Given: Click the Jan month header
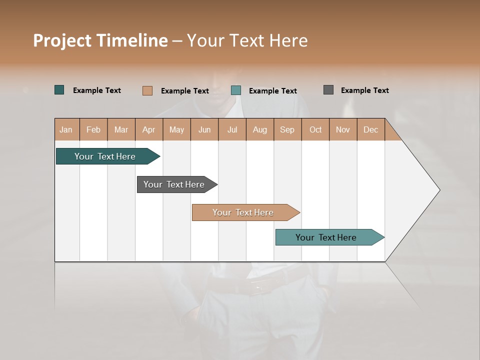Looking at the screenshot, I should [x=66, y=129].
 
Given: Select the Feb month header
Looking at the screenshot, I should [x=93, y=129].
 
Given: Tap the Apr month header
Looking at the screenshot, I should [x=148, y=129].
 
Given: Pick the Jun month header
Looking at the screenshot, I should [x=204, y=129].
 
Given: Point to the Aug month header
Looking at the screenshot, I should [x=259, y=129].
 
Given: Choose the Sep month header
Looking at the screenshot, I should [x=287, y=129].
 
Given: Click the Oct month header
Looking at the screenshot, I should [x=315, y=129].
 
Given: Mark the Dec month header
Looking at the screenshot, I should [x=370, y=129].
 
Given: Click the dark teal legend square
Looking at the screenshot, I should [x=59, y=90].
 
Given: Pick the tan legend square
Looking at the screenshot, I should [x=147, y=90].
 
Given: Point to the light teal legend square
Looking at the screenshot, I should [x=236, y=90].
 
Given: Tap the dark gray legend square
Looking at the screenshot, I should [x=328, y=90].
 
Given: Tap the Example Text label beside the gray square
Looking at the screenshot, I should [x=364, y=90].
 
